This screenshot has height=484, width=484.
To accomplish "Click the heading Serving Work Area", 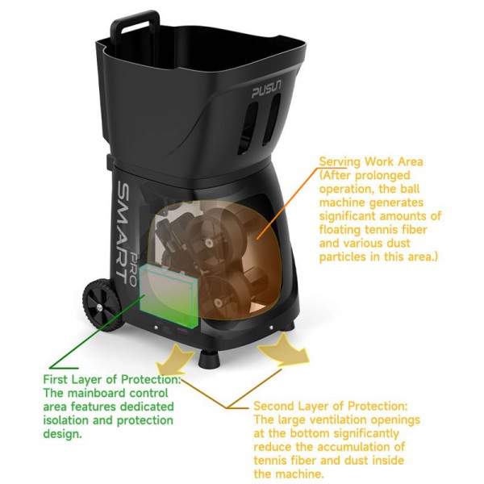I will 371,161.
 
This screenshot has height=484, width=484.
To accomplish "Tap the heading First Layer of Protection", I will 111,379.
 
